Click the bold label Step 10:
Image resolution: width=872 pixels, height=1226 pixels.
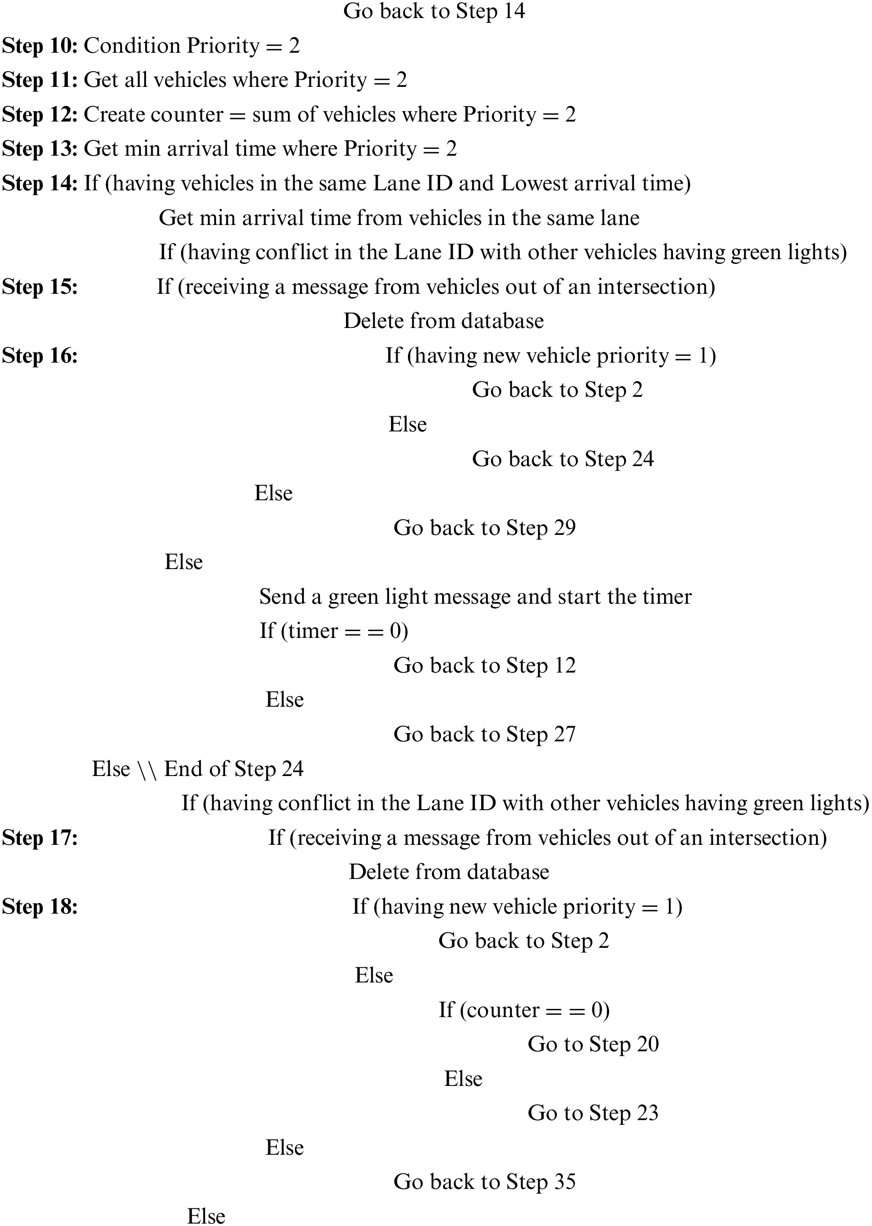[x=41, y=46]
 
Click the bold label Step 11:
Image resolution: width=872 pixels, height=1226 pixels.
[x=41, y=81]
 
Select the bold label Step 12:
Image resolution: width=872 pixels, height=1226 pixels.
[x=41, y=115]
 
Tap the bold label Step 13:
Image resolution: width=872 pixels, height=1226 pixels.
[x=41, y=149]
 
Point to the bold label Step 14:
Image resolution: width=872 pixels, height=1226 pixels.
[x=41, y=184]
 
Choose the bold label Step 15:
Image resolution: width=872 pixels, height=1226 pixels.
[x=41, y=287]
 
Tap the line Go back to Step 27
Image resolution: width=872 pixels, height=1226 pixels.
[x=485, y=735]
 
